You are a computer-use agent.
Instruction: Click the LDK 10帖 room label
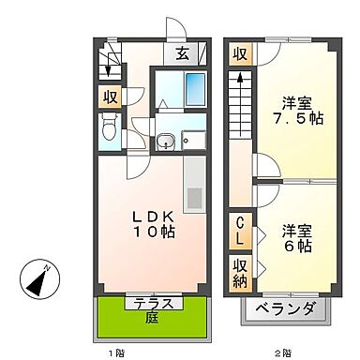point(146,221)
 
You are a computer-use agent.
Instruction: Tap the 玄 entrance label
point(180,54)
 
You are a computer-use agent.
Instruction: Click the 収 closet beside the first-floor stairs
point(110,96)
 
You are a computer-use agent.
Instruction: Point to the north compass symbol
point(38,278)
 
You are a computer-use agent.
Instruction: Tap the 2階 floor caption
point(281,353)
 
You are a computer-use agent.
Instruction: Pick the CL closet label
point(240,230)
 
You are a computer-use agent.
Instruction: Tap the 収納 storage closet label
point(240,271)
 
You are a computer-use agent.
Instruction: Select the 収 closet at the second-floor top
point(240,54)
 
